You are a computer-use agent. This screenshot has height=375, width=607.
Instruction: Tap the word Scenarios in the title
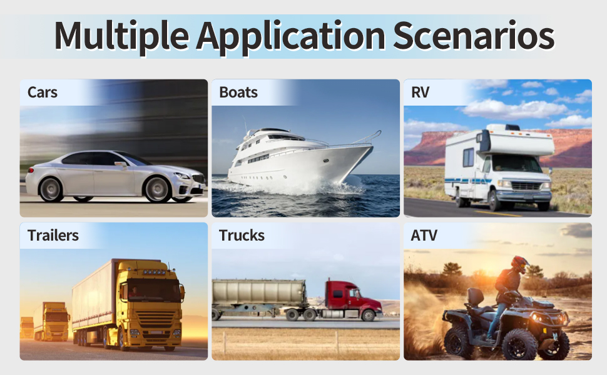coord(473,36)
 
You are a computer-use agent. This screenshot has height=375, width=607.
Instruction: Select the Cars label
coord(43,92)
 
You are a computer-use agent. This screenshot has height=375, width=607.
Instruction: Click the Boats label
coord(238,92)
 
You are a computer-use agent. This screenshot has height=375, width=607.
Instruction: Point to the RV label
coord(421,92)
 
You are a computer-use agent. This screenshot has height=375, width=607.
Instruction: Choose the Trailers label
coord(53,236)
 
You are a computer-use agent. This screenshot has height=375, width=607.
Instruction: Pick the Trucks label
coord(242,236)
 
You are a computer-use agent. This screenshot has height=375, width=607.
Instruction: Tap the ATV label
coord(424,236)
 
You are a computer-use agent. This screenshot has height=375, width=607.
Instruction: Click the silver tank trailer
coord(258,292)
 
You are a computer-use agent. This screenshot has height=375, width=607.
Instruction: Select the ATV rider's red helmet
coord(519,263)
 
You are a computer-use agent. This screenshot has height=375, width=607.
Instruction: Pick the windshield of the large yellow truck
coord(153,290)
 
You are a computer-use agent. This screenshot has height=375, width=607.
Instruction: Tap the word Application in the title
coord(291,36)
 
